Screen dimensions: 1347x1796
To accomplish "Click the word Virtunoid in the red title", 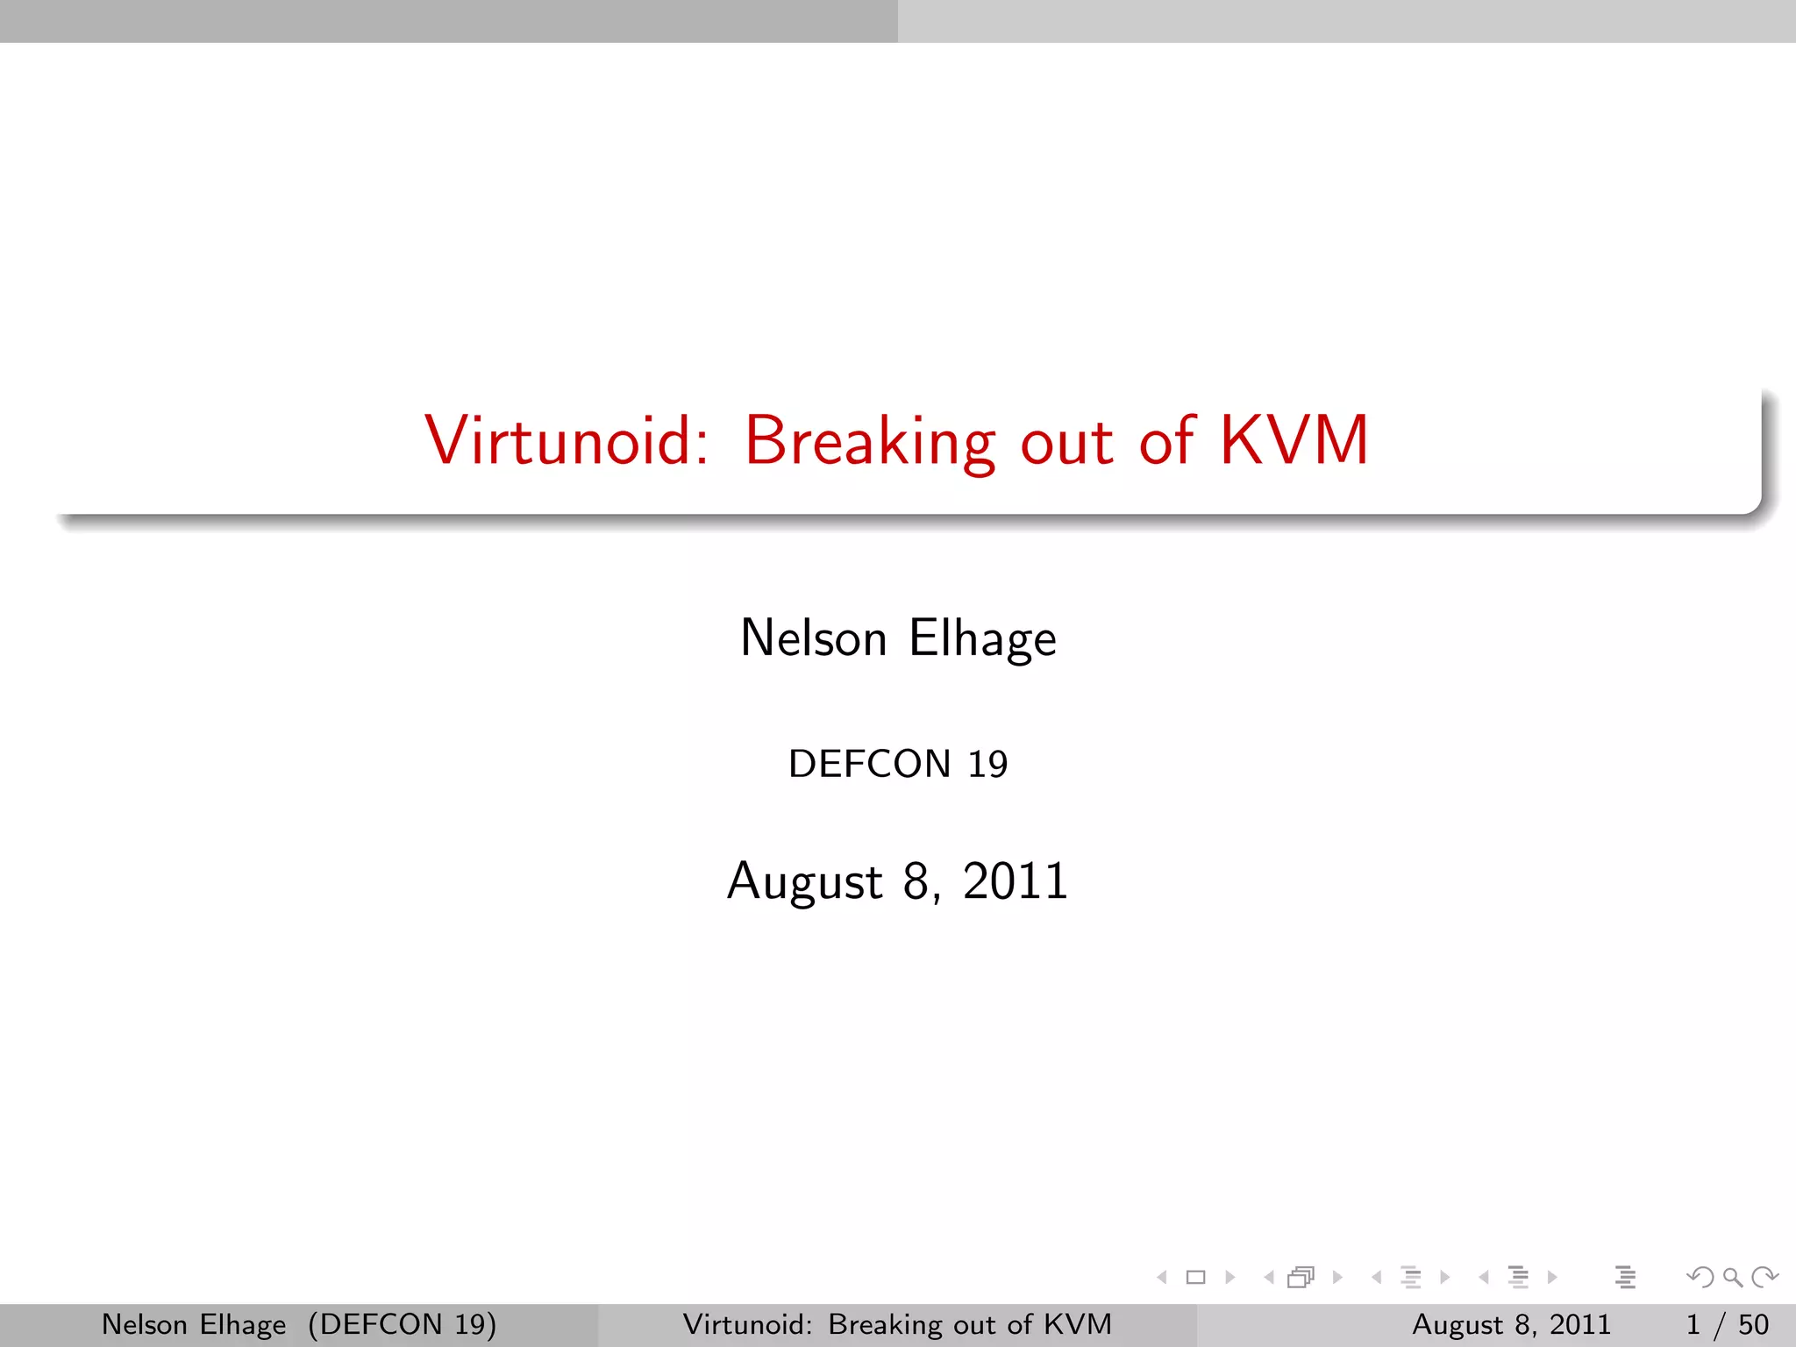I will point(566,440).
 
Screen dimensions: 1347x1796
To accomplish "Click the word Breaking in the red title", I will point(870,440).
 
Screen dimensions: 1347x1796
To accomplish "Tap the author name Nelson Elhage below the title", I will point(898,638).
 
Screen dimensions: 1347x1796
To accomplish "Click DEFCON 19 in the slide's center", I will point(898,764).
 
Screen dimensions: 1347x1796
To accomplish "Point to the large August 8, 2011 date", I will point(898,880).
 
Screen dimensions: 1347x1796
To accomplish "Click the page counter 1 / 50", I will point(1727,1324).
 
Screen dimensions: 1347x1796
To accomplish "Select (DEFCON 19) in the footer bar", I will point(402,1324).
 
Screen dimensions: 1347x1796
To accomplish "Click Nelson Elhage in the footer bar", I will point(194,1324).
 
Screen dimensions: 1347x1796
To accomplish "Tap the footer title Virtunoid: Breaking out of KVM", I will point(897,1324).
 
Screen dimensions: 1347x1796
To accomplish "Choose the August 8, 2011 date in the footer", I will point(1511,1324).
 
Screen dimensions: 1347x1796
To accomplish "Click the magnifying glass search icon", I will point(1732,1278).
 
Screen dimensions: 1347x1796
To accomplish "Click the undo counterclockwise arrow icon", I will point(1700,1278).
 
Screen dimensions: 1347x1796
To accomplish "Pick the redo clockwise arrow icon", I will point(1764,1278).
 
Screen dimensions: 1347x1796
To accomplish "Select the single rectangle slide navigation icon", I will point(1195,1278).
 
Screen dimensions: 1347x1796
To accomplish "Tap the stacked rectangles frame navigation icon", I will point(1301,1278).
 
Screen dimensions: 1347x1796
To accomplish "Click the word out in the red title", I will point(1067,440).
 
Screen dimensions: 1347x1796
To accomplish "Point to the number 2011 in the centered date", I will point(1016,880).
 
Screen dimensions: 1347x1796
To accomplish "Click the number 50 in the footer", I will point(1753,1324).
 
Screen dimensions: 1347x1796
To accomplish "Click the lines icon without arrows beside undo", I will point(1625,1278).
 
